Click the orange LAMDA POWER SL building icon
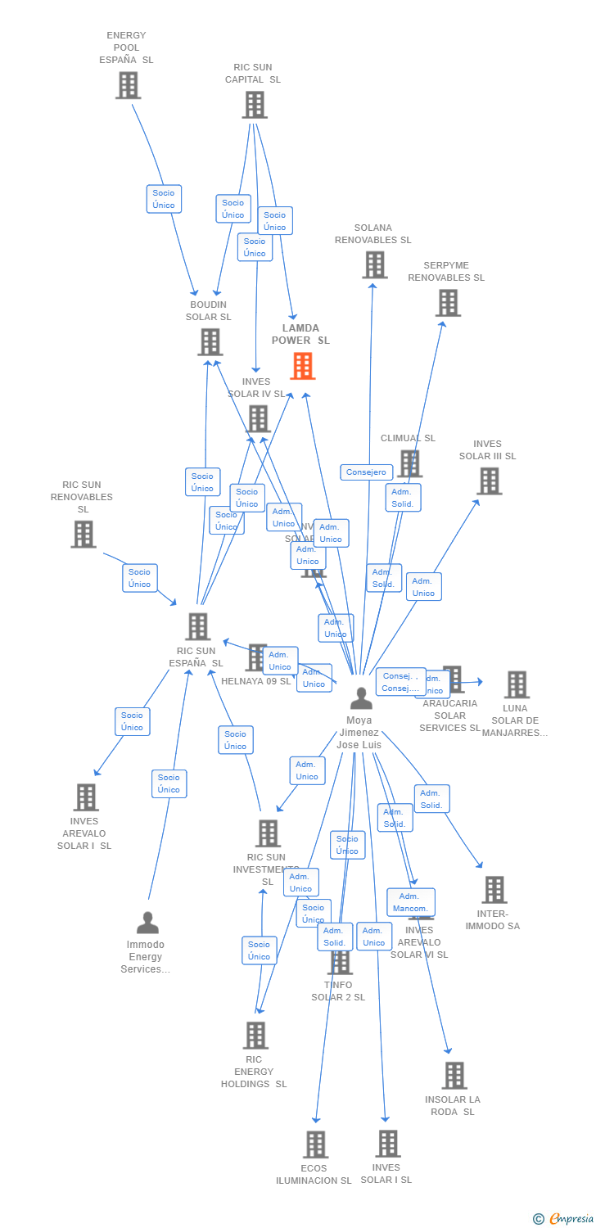(x=303, y=366)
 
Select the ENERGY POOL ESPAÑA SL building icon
(x=128, y=85)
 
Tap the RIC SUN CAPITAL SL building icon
(x=255, y=105)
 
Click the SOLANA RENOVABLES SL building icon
(x=374, y=264)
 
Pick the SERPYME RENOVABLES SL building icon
(x=447, y=303)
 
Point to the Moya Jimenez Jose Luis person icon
(x=360, y=698)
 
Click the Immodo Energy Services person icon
(x=147, y=923)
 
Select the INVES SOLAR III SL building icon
(x=489, y=481)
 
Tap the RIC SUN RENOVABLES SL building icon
(x=83, y=535)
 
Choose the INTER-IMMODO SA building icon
(x=494, y=890)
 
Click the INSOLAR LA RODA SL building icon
(x=454, y=1076)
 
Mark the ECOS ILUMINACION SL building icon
(x=315, y=1144)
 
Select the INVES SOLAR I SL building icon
(x=387, y=1144)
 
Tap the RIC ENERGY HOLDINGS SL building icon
(x=255, y=1036)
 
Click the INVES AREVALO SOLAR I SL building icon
(x=85, y=797)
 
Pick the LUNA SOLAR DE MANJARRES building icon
(x=516, y=684)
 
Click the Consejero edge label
(x=366, y=472)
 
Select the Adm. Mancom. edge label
(x=410, y=902)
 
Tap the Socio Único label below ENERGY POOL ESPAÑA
(x=164, y=199)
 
